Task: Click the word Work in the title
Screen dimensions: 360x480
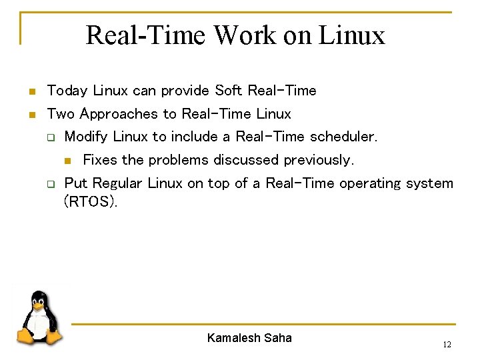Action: pos(243,35)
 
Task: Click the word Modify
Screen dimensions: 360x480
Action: pos(87,137)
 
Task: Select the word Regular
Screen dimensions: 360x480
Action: pos(117,183)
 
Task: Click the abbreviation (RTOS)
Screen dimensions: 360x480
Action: pos(90,201)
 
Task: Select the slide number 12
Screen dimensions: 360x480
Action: pos(447,345)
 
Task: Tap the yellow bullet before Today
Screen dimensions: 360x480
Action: pos(30,91)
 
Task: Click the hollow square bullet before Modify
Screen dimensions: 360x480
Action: pos(49,137)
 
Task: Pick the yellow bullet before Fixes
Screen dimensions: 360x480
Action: pos(67,161)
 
